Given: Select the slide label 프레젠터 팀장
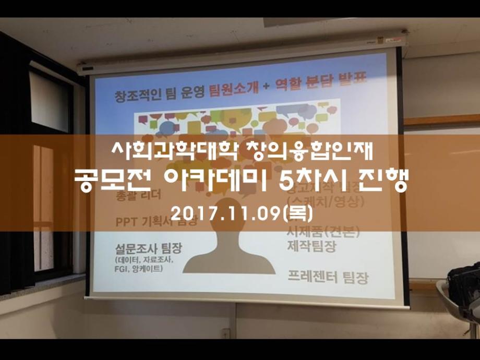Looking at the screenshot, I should click(328, 276).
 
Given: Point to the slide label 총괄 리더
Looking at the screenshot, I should click(139, 196).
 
